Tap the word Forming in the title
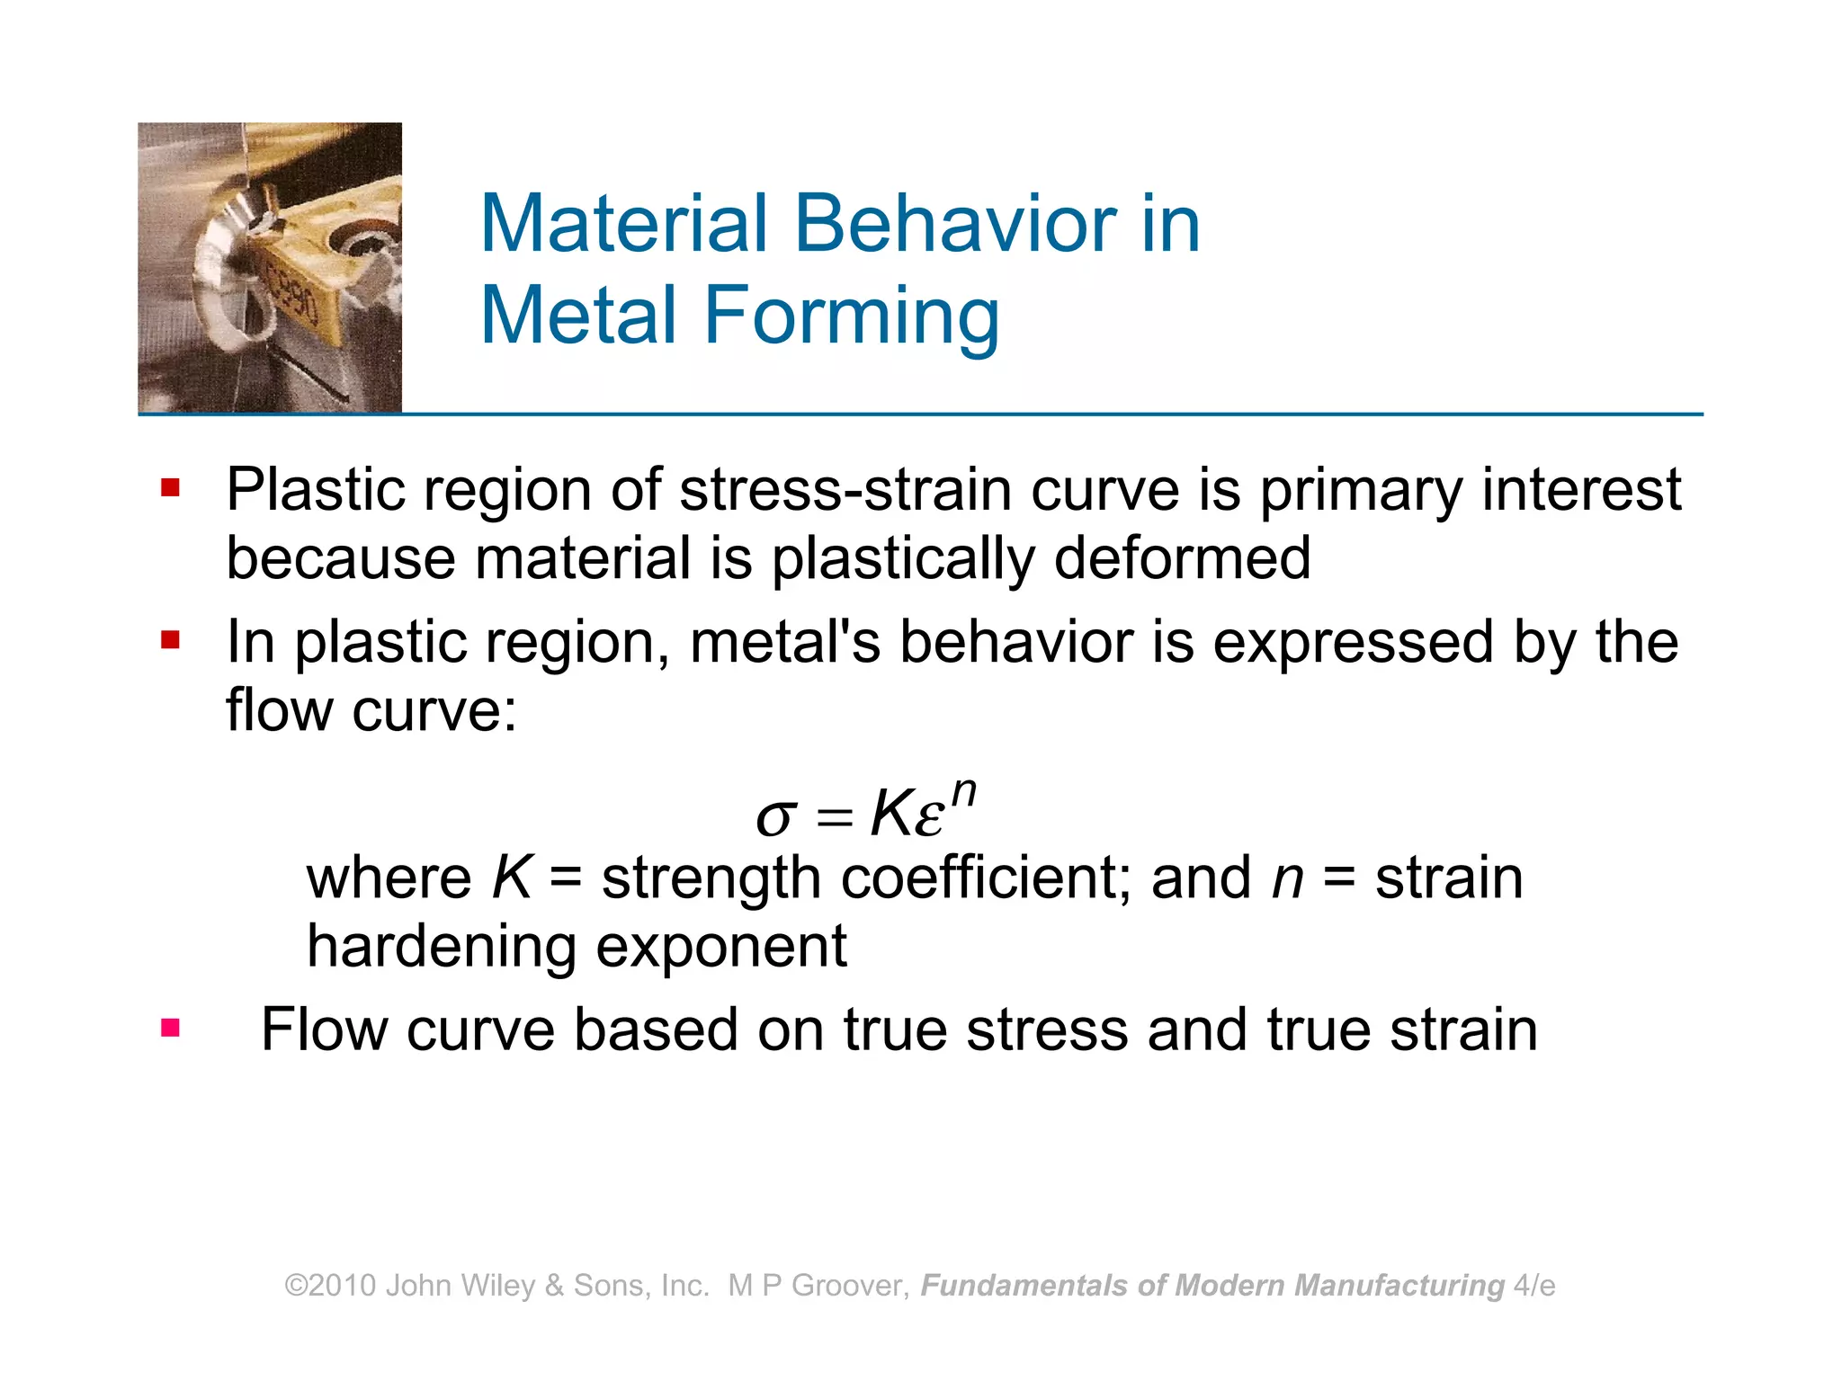[x=851, y=316]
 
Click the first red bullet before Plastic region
[x=171, y=488]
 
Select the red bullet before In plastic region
[x=171, y=640]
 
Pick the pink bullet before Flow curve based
[x=171, y=1028]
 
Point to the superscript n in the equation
[x=963, y=791]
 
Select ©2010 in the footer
[x=330, y=1286]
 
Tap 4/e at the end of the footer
[x=1534, y=1286]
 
